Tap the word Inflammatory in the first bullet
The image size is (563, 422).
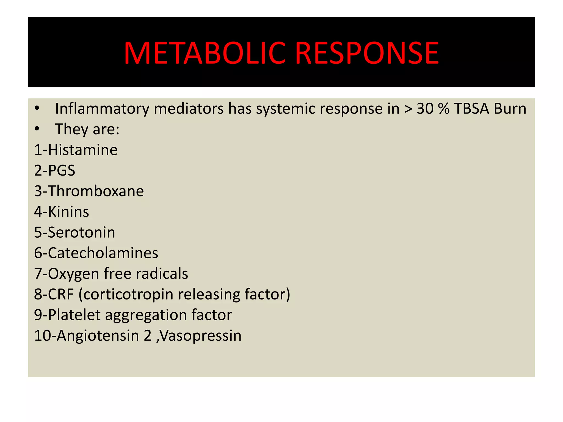[x=102, y=109]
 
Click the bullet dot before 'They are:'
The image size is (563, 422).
[x=37, y=129]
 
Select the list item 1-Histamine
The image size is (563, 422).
[x=76, y=150]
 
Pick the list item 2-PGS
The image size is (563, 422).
[x=55, y=170]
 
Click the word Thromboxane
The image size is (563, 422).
[x=96, y=191]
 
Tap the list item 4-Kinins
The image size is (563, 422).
[x=62, y=212]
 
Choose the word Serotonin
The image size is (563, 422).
[x=81, y=232]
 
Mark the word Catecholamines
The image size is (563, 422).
[x=103, y=253]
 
